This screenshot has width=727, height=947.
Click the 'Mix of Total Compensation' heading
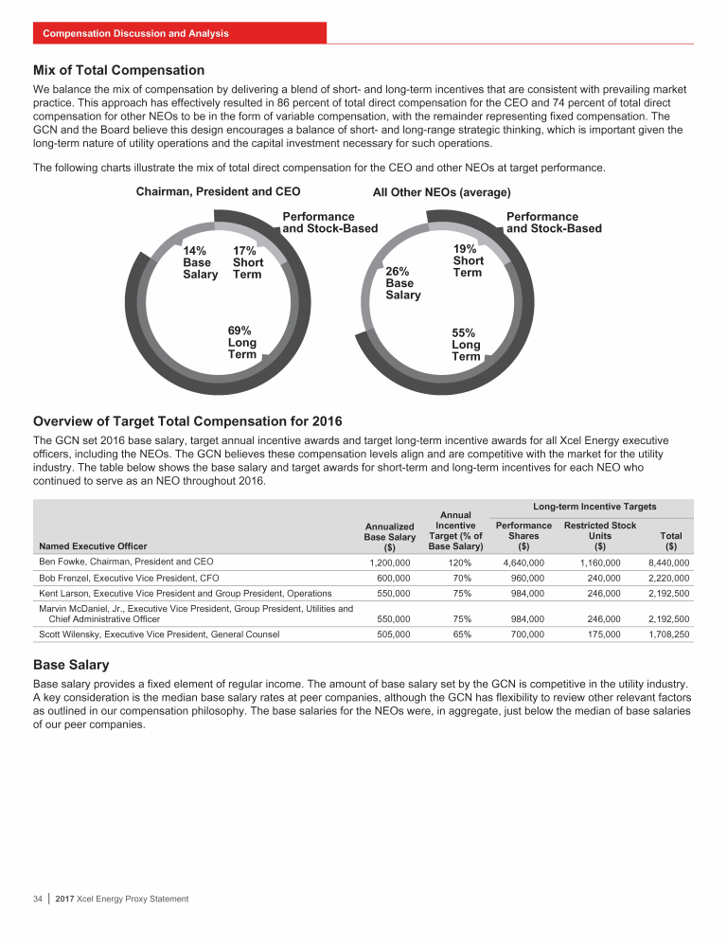point(118,70)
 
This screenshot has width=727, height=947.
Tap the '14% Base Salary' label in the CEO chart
point(200,262)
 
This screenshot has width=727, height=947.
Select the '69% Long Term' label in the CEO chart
point(241,342)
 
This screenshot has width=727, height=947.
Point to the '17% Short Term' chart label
point(248,262)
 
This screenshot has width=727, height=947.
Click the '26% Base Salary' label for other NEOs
point(402,283)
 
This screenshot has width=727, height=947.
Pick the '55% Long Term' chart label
point(466,345)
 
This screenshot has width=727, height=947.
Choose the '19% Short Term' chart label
point(468,260)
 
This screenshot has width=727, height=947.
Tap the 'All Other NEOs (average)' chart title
point(442,192)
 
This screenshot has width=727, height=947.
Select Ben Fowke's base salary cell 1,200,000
point(389,563)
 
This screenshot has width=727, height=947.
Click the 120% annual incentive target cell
point(456,563)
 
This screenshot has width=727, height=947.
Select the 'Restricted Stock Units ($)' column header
point(599,535)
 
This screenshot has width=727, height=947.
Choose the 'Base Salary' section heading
point(71,666)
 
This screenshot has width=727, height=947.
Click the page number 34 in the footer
point(39,898)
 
